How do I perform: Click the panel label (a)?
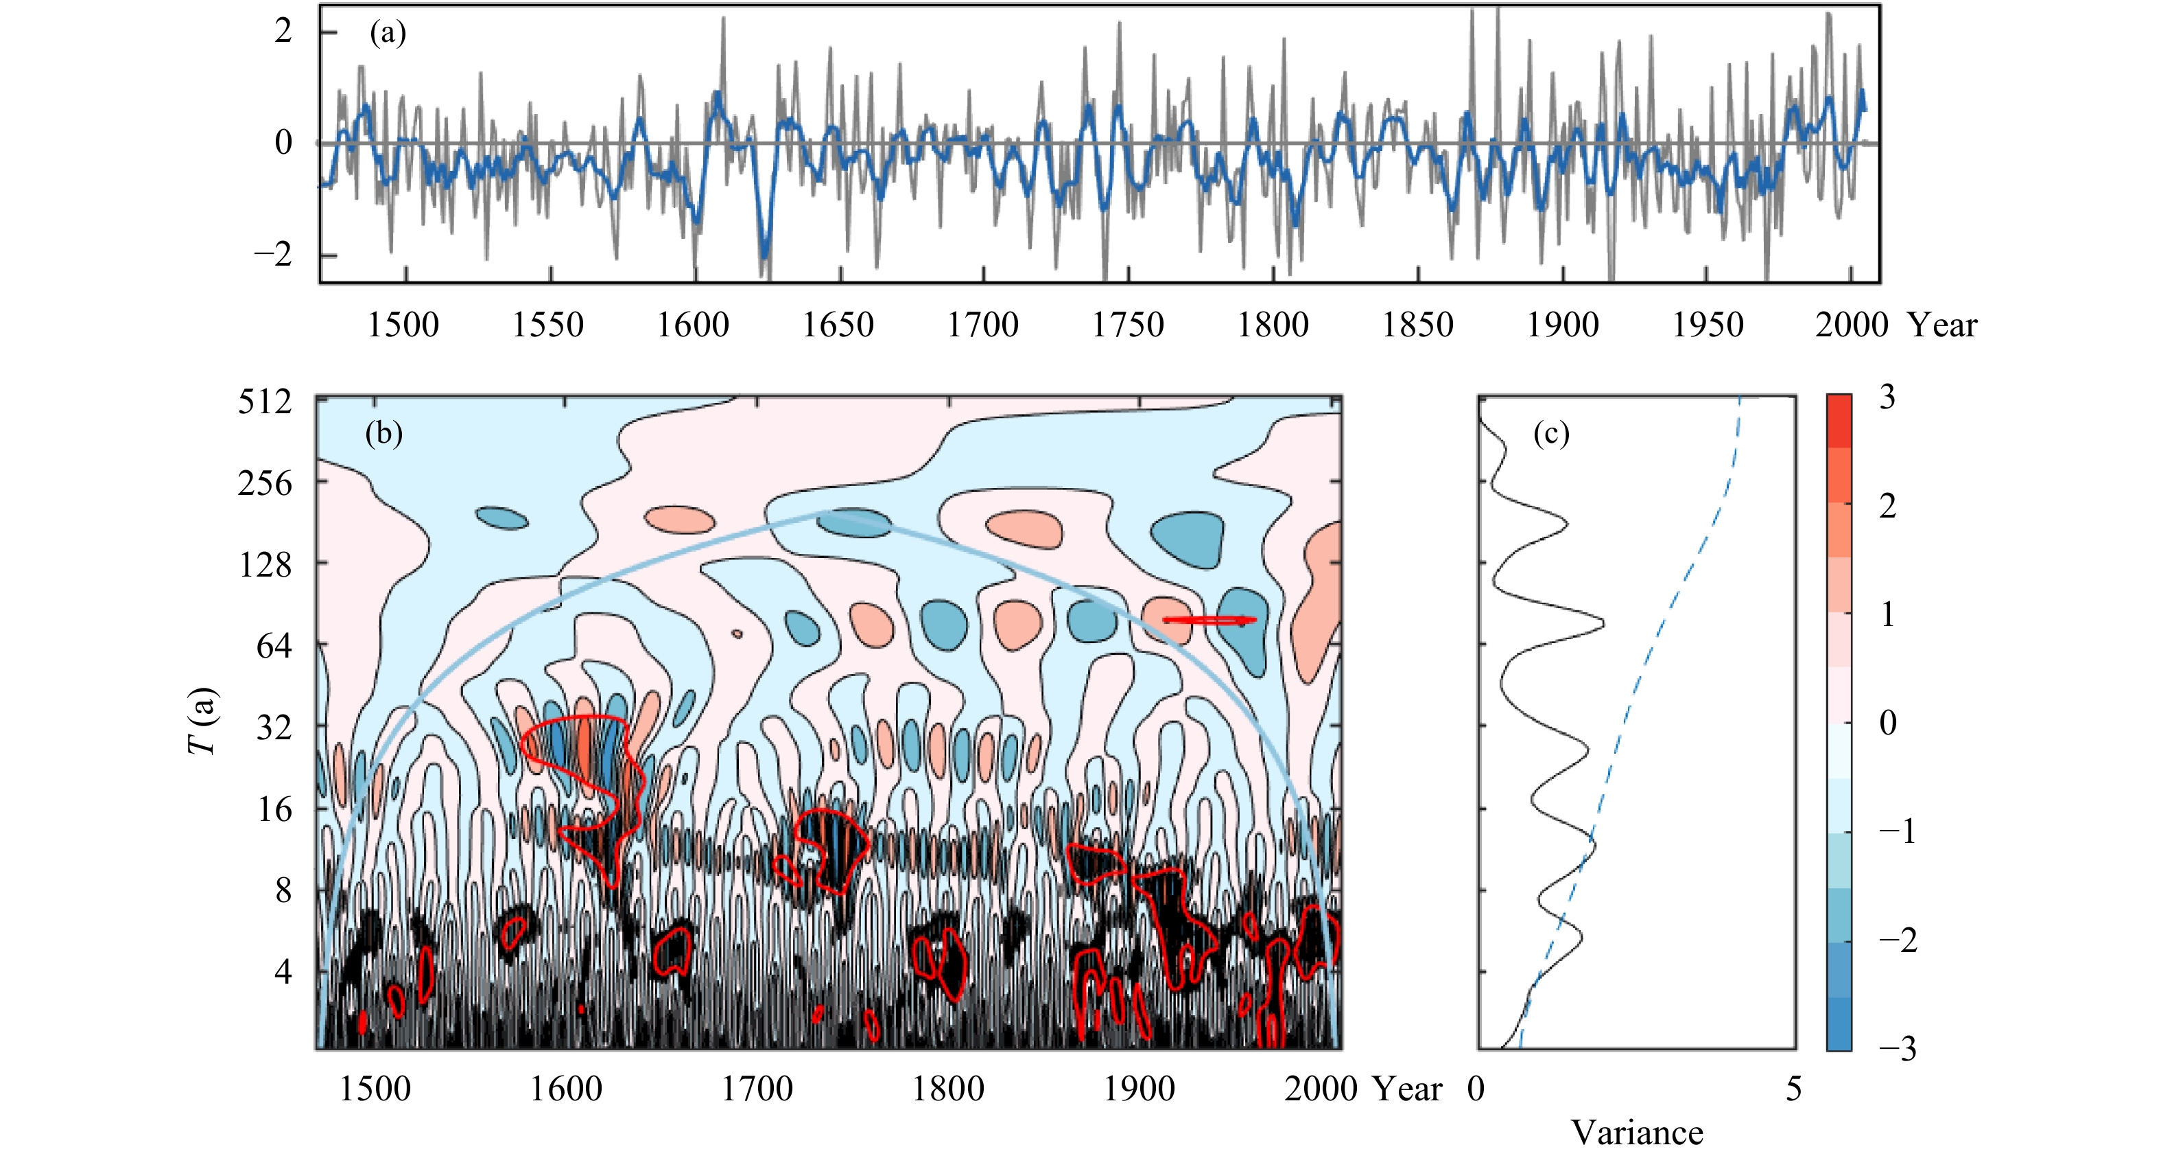click(388, 34)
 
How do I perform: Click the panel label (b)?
click(383, 434)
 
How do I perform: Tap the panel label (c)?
click(1550, 434)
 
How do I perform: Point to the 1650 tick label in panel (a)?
click(837, 325)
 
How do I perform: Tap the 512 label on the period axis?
click(264, 402)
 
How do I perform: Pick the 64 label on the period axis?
click(274, 646)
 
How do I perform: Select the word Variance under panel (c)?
click(1637, 1133)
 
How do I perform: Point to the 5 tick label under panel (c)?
click(1793, 1089)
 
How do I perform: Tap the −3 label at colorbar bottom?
click(1897, 1049)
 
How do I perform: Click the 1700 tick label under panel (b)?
click(757, 1089)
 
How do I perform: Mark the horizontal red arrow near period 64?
click(1209, 620)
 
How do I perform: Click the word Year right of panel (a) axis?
click(1942, 325)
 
